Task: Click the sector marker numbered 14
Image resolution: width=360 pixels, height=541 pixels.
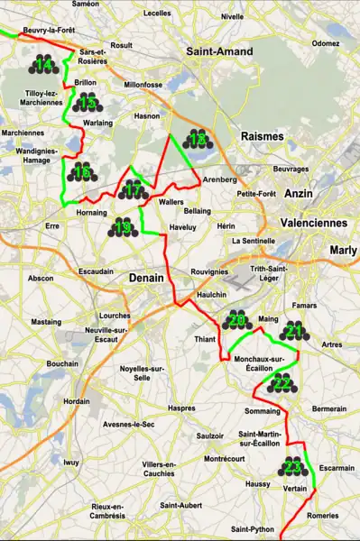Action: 42,64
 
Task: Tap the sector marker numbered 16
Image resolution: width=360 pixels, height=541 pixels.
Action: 81,172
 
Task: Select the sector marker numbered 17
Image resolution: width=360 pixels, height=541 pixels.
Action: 133,190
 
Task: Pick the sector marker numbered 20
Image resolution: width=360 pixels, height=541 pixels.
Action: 237,321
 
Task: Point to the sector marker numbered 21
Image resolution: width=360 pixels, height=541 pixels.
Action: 294,333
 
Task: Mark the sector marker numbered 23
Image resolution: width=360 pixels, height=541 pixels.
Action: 291,467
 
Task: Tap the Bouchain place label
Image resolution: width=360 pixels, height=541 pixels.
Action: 62,363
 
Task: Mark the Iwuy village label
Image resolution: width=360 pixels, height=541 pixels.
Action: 71,463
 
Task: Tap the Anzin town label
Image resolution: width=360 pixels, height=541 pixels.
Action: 297,194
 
